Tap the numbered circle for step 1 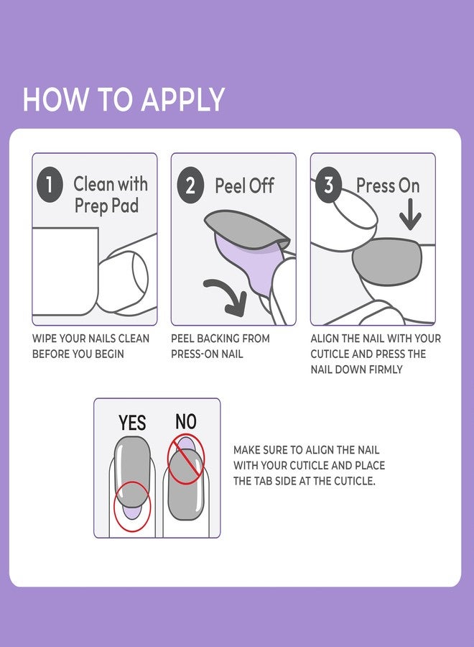(x=49, y=185)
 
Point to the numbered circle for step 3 (x=329, y=185)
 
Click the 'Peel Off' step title (x=244, y=186)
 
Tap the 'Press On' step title (x=388, y=186)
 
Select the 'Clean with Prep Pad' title (x=110, y=194)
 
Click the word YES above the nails (x=132, y=423)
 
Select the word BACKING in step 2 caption (x=215, y=338)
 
